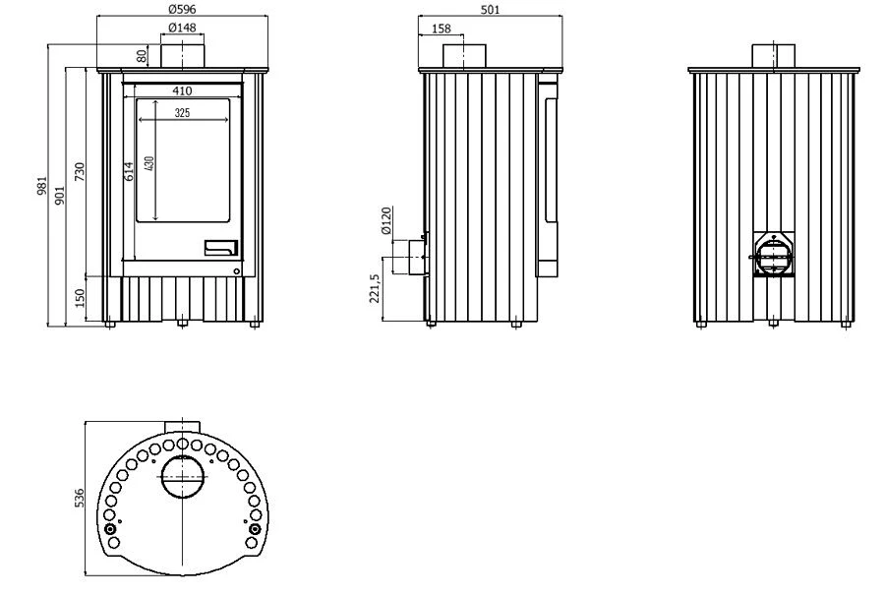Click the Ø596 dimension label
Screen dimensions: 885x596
[x=182, y=9]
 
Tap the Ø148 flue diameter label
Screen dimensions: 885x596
[x=182, y=28]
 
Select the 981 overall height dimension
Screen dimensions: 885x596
[x=42, y=186]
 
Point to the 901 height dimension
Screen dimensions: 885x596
[x=60, y=195]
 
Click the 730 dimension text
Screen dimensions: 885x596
[x=79, y=171]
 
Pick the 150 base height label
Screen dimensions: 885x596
[x=79, y=298]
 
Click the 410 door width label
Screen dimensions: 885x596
[x=182, y=90]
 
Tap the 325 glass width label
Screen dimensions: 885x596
[x=182, y=113]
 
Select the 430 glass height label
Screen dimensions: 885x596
[x=149, y=163]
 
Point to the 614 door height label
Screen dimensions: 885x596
[x=129, y=171]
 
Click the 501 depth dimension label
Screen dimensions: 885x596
[x=490, y=9]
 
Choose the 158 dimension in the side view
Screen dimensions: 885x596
[x=441, y=29]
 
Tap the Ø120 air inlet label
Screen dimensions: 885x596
[x=386, y=220]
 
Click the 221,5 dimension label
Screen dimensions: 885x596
[x=375, y=288]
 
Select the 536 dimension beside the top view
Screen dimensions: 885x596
[x=79, y=498]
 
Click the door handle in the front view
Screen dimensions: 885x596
[x=220, y=248]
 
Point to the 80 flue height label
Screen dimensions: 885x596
[x=142, y=55]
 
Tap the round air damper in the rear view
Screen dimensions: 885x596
[x=773, y=257]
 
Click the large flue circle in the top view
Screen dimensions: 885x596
[x=182, y=477]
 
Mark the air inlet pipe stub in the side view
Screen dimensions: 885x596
[x=409, y=257]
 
